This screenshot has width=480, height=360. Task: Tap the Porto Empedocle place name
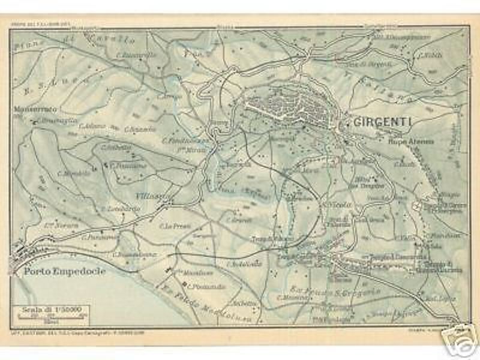point(64,271)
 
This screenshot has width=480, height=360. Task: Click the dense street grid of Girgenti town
point(294,108)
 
